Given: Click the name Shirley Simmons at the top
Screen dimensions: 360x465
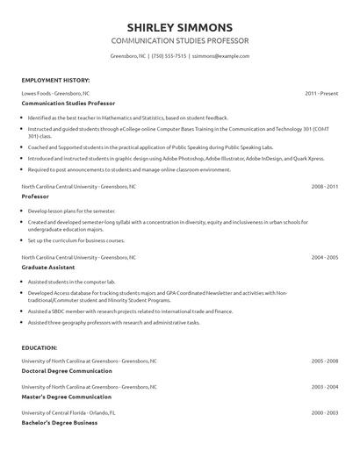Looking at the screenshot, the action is pyautogui.click(x=179, y=26).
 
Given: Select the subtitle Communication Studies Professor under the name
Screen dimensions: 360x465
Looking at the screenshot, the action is pyautogui.click(x=179, y=41).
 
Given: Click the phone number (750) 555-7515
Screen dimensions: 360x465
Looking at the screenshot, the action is pyautogui.click(x=169, y=56).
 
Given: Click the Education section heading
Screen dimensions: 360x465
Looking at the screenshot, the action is pyautogui.click(x=40, y=348).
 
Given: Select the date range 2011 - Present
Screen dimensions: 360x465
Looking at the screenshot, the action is pyautogui.click(x=321, y=92).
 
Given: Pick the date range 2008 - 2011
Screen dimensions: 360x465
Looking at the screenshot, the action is pyautogui.click(x=325, y=187).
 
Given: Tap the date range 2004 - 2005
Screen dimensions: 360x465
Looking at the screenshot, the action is pyautogui.click(x=325, y=258).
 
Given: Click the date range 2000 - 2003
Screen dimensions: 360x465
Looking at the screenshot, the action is pyautogui.click(x=325, y=411).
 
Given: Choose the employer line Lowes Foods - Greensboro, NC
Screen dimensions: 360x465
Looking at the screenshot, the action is pyautogui.click(x=55, y=92).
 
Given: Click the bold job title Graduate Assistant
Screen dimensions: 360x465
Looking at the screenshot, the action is pyautogui.click(x=48, y=267).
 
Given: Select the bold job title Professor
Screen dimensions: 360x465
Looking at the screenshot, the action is pyautogui.click(x=35, y=197).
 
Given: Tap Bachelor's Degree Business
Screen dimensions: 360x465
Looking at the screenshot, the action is pyautogui.click(x=59, y=422).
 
